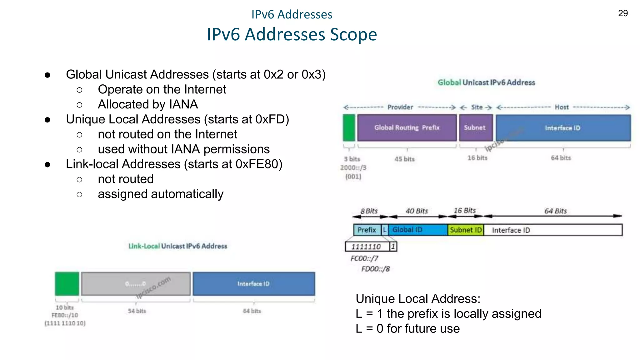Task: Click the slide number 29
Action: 623,13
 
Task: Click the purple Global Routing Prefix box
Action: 407,127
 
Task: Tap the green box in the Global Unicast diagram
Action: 349,127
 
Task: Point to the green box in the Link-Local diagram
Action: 67,283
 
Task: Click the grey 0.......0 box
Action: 136,283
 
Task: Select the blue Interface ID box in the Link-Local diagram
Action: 253,283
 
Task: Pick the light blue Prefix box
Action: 367,230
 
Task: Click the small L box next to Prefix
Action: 385,230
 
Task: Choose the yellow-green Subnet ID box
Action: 466,230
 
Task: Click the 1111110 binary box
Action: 366,247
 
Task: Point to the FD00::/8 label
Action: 375,269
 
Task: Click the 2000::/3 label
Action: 353,168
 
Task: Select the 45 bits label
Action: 404,159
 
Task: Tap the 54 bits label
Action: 137,311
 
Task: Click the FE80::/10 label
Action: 65,315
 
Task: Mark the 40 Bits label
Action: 417,211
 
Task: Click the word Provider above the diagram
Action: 400,107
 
